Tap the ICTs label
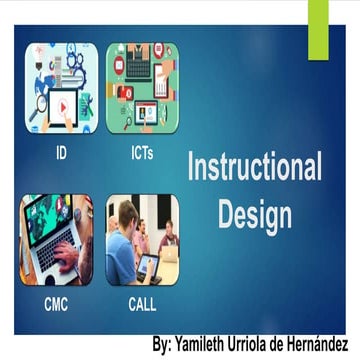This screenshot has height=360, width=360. pos(142,156)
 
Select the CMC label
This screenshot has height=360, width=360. pos(56,305)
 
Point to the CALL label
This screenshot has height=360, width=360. pos(142,305)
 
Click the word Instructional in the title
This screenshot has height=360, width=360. pos(255,169)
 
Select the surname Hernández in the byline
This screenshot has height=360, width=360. pos(313,344)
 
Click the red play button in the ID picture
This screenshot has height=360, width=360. pos(62,103)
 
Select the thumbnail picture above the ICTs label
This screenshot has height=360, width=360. pos(142,88)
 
